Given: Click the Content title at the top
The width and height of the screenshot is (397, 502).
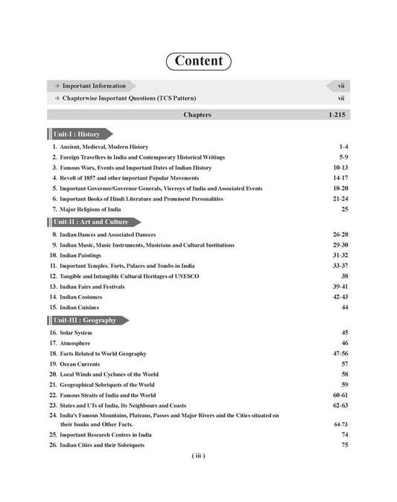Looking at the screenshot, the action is click(x=198, y=60).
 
